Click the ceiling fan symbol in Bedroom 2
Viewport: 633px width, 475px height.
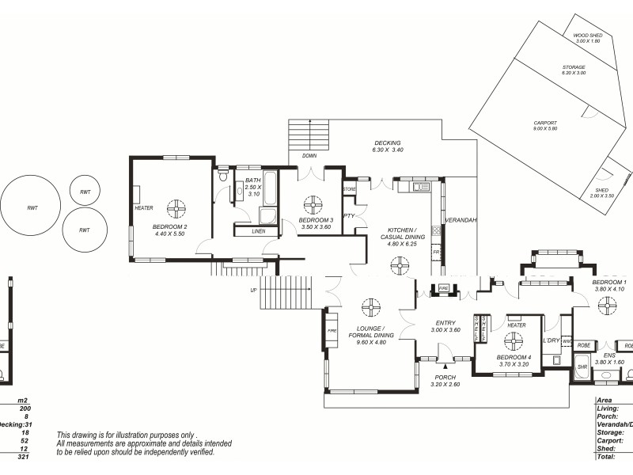(176, 209)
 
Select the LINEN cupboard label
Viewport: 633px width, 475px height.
(259, 231)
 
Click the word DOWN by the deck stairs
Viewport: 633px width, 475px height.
(309, 156)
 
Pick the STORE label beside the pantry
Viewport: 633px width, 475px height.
(349, 190)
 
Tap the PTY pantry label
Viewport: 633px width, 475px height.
(349, 215)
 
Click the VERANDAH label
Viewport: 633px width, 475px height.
(460, 220)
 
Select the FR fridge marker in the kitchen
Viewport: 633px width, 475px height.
(436, 253)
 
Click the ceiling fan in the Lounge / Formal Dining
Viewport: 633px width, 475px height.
(370, 307)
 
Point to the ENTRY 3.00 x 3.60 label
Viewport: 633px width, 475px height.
(445, 326)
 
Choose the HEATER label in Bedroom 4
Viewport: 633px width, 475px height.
(517, 325)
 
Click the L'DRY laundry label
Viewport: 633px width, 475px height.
(551, 340)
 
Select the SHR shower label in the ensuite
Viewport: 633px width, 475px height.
(582, 367)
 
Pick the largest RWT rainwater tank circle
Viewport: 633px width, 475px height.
(32, 207)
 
